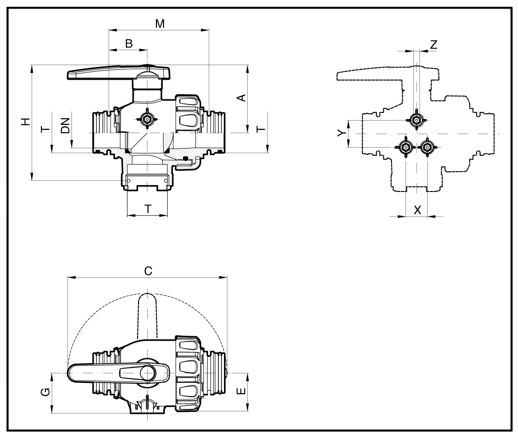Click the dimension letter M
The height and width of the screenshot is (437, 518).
[x=160, y=24]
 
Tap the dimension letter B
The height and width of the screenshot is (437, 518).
[x=129, y=43]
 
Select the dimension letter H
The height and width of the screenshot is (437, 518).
[x=26, y=122]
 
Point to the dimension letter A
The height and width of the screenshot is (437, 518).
[x=242, y=98]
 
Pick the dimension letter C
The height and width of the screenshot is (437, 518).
[x=148, y=271]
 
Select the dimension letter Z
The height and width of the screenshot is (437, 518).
[x=434, y=44]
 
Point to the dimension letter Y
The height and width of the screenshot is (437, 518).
[x=342, y=132]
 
